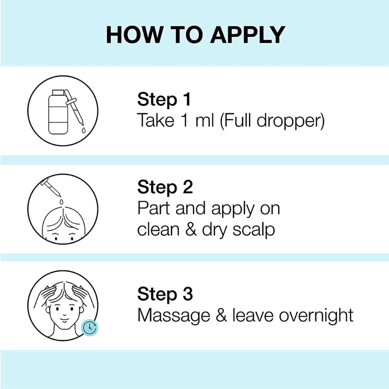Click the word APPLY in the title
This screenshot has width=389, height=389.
click(x=248, y=35)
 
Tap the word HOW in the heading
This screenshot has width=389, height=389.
click(x=135, y=35)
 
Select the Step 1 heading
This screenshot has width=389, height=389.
click(x=164, y=100)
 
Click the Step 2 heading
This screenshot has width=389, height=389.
click(x=165, y=187)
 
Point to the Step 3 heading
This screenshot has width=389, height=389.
click(x=165, y=294)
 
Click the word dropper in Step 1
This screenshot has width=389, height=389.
click(x=291, y=121)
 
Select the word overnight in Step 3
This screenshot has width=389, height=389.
click(x=316, y=316)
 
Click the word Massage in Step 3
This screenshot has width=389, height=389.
click(x=174, y=316)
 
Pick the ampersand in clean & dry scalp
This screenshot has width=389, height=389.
click(x=191, y=229)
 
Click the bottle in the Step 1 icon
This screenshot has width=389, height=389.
click(x=58, y=112)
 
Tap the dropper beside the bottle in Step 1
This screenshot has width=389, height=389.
click(x=74, y=107)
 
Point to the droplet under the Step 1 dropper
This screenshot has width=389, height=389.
click(x=83, y=130)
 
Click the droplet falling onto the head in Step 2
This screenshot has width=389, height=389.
click(x=61, y=202)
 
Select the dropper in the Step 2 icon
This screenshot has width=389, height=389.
click(x=51, y=188)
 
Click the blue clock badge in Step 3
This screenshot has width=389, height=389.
click(x=89, y=328)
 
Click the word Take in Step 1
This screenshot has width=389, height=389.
click(x=156, y=121)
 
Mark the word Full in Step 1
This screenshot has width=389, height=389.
click(x=237, y=121)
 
